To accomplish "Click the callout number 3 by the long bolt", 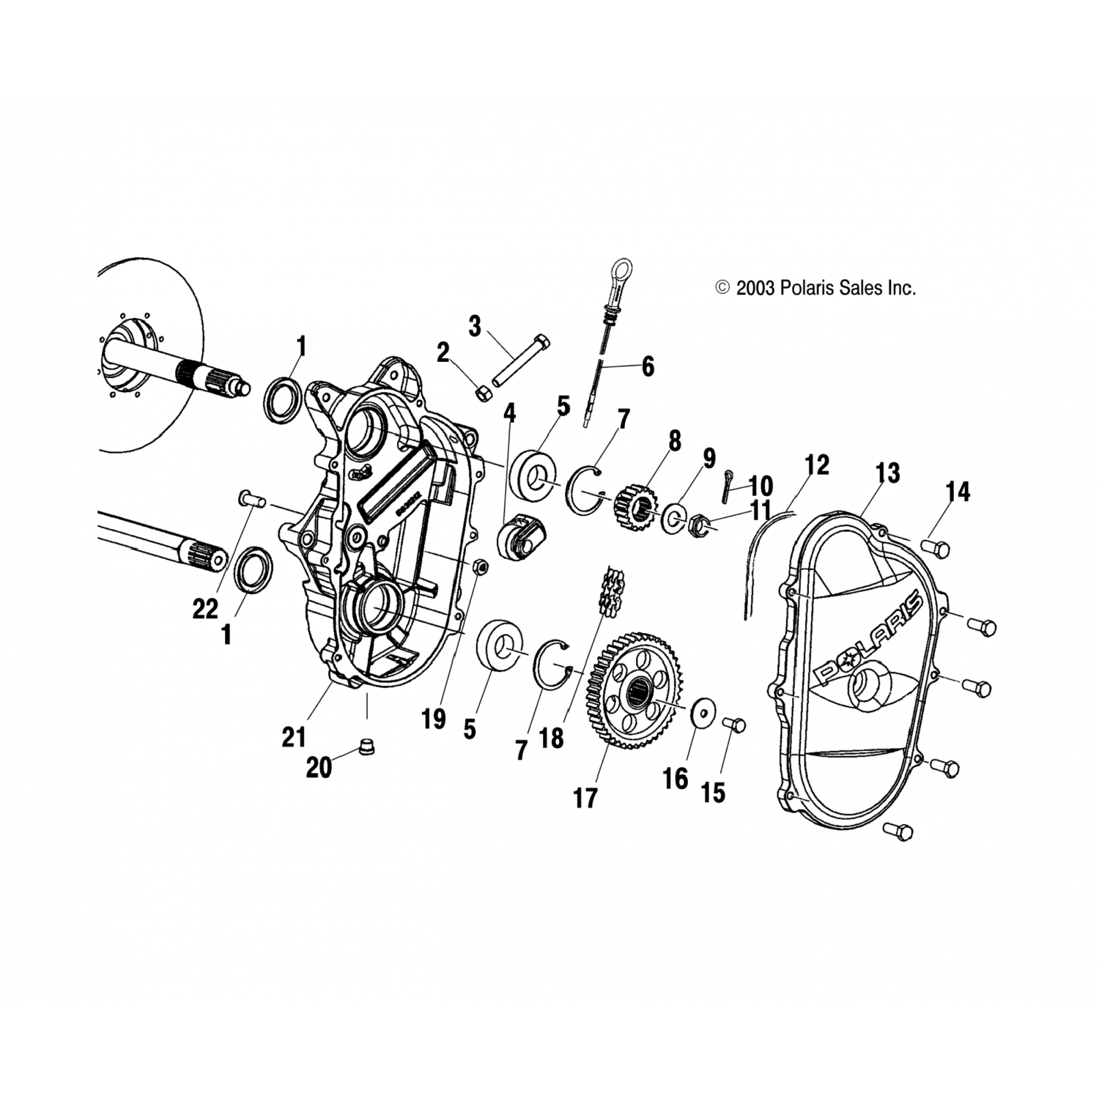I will (x=475, y=326).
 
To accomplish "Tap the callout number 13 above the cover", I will (x=887, y=473).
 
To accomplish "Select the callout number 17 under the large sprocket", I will (x=585, y=798).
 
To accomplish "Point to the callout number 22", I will (x=206, y=607).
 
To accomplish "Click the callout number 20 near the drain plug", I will (x=319, y=769).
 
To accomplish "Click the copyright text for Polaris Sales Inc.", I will (x=815, y=288).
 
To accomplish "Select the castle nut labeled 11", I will (x=698, y=524).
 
